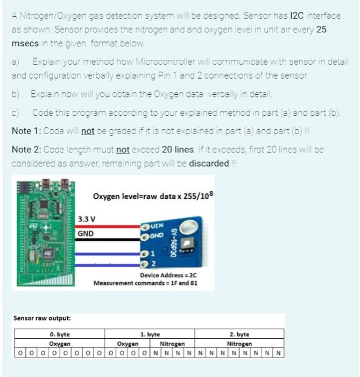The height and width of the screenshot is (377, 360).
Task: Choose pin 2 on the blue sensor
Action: pyautogui.click(x=153, y=263)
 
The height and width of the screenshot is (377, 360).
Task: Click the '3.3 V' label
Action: pyautogui.click(x=87, y=219)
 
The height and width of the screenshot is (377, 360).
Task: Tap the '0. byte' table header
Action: pyautogui.click(x=59, y=334)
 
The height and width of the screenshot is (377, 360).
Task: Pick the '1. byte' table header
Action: pyautogui.click(x=150, y=334)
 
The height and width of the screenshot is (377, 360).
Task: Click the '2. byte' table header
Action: pyautogui.click(x=239, y=334)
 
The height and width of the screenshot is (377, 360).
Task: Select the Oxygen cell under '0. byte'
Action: pyautogui.click(x=59, y=343)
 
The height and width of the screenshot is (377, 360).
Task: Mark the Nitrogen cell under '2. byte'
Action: pyautogui.click(x=239, y=343)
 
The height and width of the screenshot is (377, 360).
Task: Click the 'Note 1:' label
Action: pyautogui.click(x=26, y=131)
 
